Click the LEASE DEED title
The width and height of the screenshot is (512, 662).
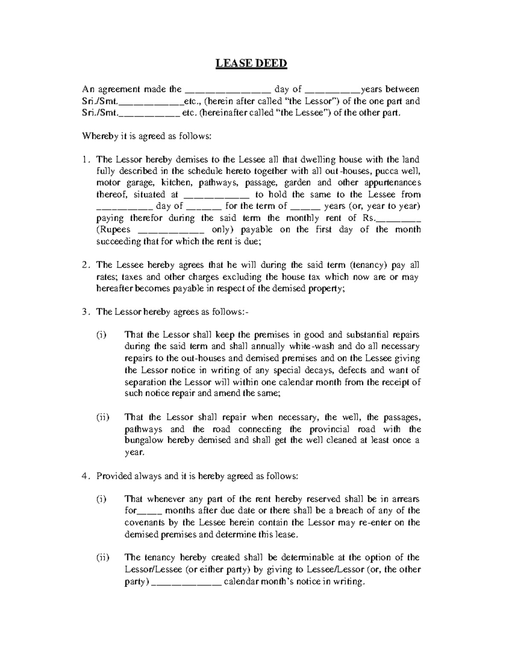251,64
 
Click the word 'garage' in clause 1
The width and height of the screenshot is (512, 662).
136,183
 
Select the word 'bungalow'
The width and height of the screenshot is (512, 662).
144,440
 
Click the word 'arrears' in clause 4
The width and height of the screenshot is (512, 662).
405,499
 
